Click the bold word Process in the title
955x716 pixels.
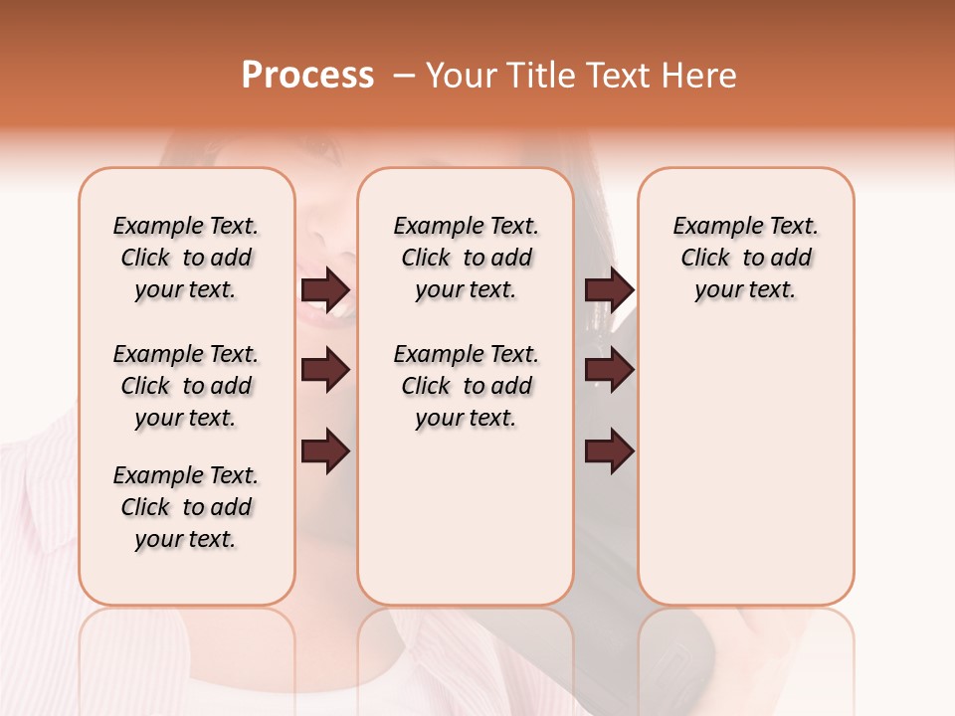[307, 75]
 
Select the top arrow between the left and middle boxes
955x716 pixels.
[325, 289]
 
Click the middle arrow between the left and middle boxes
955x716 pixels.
[325, 370]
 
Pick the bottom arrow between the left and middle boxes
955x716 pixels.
[325, 451]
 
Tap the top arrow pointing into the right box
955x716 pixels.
[609, 289]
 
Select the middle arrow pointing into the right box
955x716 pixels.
[609, 370]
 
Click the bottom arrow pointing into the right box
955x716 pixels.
[609, 451]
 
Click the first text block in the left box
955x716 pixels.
[186, 258]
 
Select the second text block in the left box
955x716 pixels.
[186, 386]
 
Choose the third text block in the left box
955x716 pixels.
[186, 507]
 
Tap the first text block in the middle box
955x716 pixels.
[466, 258]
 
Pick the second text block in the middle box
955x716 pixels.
[466, 386]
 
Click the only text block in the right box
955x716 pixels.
[745, 258]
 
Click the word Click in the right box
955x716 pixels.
[705, 259]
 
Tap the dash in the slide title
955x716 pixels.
[403, 76]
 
